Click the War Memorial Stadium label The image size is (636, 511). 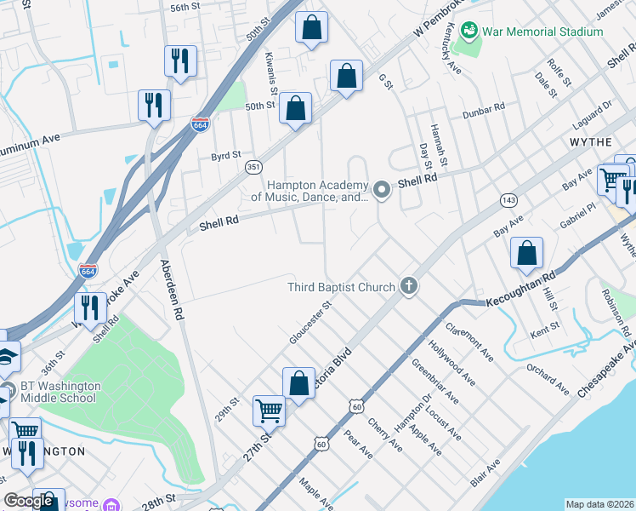coord(542,32)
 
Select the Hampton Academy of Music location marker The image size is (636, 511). coord(383,190)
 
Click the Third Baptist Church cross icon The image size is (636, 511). coord(409,286)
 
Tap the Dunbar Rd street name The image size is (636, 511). coord(484,108)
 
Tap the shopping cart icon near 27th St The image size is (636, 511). coord(269,411)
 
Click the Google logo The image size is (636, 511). coord(29,502)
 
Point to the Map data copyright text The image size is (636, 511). coord(599,504)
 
